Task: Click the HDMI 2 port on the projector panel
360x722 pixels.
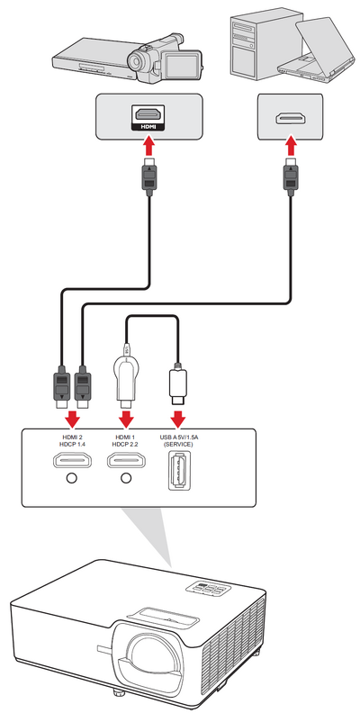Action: pos(72,459)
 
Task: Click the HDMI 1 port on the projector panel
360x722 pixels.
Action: pos(127,459)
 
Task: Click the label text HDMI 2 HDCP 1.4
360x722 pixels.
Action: pos(72,439)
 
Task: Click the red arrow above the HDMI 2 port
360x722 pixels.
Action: pos(72,417)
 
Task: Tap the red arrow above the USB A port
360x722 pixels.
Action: pos(178,417)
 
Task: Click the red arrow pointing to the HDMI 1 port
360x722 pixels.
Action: pos(127,417)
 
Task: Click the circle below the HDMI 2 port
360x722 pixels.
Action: pos(71,479)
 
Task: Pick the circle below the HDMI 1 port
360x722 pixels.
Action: pos(126,479)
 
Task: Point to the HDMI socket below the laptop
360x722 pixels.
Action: pos(290,119)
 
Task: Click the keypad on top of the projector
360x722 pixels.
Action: pos(208,589)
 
